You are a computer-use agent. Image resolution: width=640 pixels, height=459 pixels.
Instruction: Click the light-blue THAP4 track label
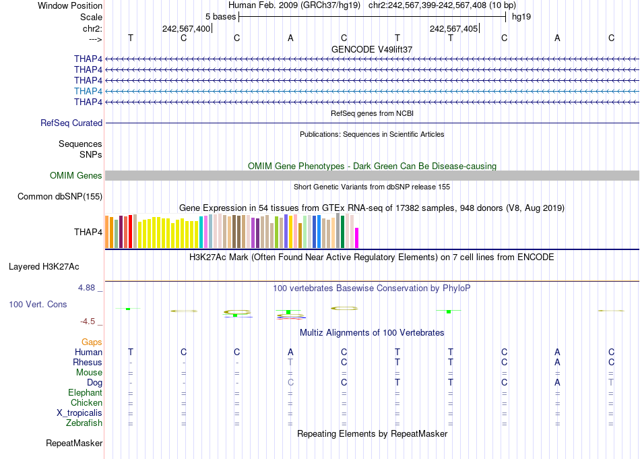88,91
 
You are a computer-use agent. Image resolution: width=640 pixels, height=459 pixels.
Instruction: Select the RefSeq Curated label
71,123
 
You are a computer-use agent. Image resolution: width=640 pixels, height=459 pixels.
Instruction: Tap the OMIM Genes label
76,176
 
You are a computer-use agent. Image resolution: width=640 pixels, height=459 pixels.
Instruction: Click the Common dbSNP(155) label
60,197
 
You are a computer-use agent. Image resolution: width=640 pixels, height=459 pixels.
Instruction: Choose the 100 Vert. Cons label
38,305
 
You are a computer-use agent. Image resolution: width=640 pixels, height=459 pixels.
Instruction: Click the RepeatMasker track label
74,443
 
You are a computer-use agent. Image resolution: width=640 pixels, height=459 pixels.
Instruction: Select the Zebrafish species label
84,423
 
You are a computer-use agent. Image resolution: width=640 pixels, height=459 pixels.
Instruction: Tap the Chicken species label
86,403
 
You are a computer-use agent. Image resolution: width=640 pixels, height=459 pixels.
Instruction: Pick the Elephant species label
85,393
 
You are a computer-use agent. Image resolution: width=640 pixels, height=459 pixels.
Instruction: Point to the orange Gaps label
92,342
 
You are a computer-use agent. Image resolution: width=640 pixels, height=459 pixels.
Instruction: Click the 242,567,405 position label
453,28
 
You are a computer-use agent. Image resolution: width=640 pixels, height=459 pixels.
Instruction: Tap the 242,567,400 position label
186,28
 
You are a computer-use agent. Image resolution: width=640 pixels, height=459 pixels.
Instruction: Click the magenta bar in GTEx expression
357,238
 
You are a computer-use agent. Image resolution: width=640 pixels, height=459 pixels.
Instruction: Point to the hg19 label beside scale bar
521,16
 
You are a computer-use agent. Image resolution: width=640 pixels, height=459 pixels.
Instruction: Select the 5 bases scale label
220,16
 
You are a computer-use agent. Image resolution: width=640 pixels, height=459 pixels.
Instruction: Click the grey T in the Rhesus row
290,362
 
